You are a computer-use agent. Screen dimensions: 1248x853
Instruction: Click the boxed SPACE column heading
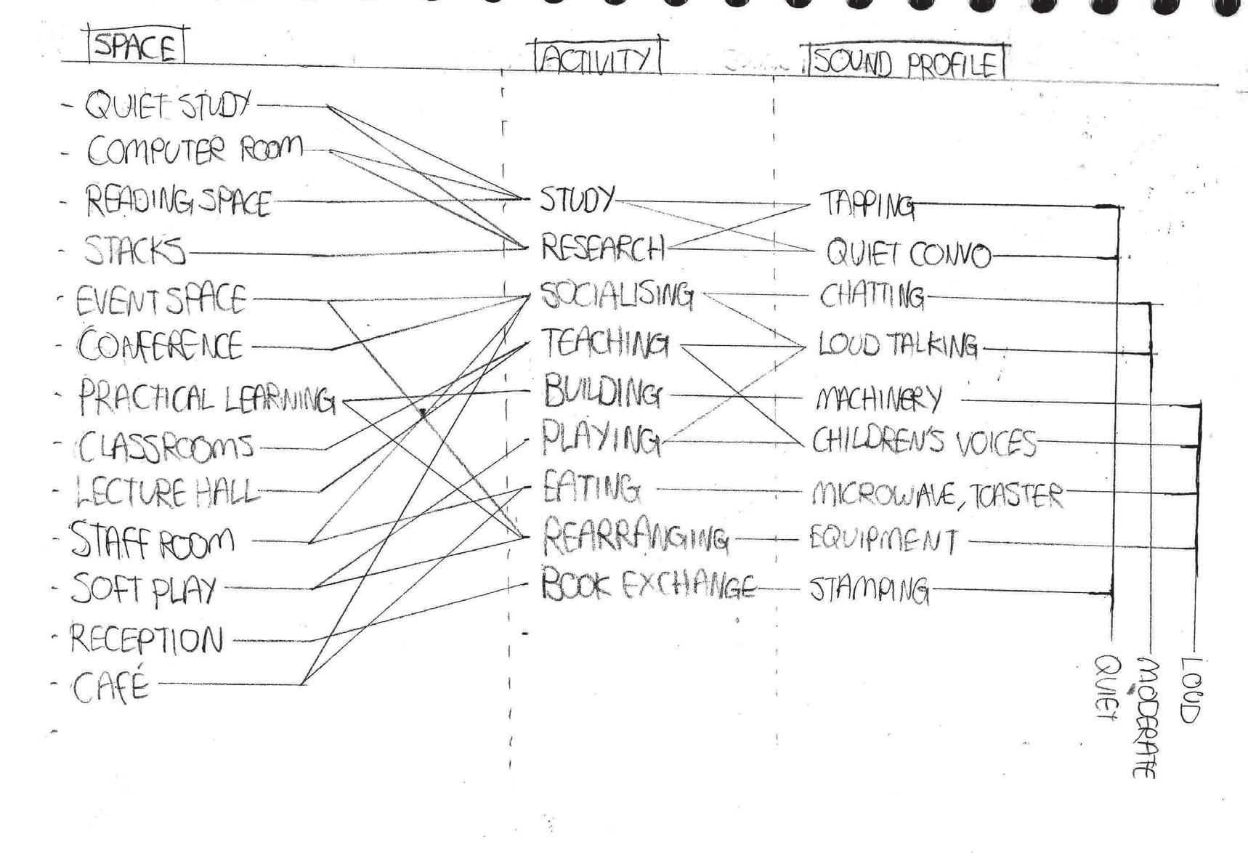tap(136, 47)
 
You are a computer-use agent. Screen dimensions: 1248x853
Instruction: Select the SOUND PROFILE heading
tap(904, 62)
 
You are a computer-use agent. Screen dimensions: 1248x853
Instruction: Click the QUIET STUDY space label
tap(168, 106)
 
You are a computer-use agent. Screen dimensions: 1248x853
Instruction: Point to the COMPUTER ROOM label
tap(194, 150)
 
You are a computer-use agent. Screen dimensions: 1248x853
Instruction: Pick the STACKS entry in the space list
tap(134, 251)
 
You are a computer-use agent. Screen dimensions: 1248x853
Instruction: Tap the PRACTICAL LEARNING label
tap(206, 399)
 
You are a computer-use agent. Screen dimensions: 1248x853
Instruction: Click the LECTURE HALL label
tap(166, 493)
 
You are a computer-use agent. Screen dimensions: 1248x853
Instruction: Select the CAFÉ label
tap(110, 685)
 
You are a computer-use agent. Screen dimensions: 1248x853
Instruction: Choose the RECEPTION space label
tap(146, 639)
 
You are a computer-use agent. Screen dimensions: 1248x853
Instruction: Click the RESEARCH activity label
tap(602, 248)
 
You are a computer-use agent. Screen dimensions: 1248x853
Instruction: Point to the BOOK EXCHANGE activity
tap(647, 586)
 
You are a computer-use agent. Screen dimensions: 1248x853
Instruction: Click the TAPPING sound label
tap(866, 205)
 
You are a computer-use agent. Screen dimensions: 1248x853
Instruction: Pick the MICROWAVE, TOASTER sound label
tap(936, 495)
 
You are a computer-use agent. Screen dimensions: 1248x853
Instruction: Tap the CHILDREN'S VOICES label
tap(923, 442)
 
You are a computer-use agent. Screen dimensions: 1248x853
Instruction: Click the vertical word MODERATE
tap(1145, 718)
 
